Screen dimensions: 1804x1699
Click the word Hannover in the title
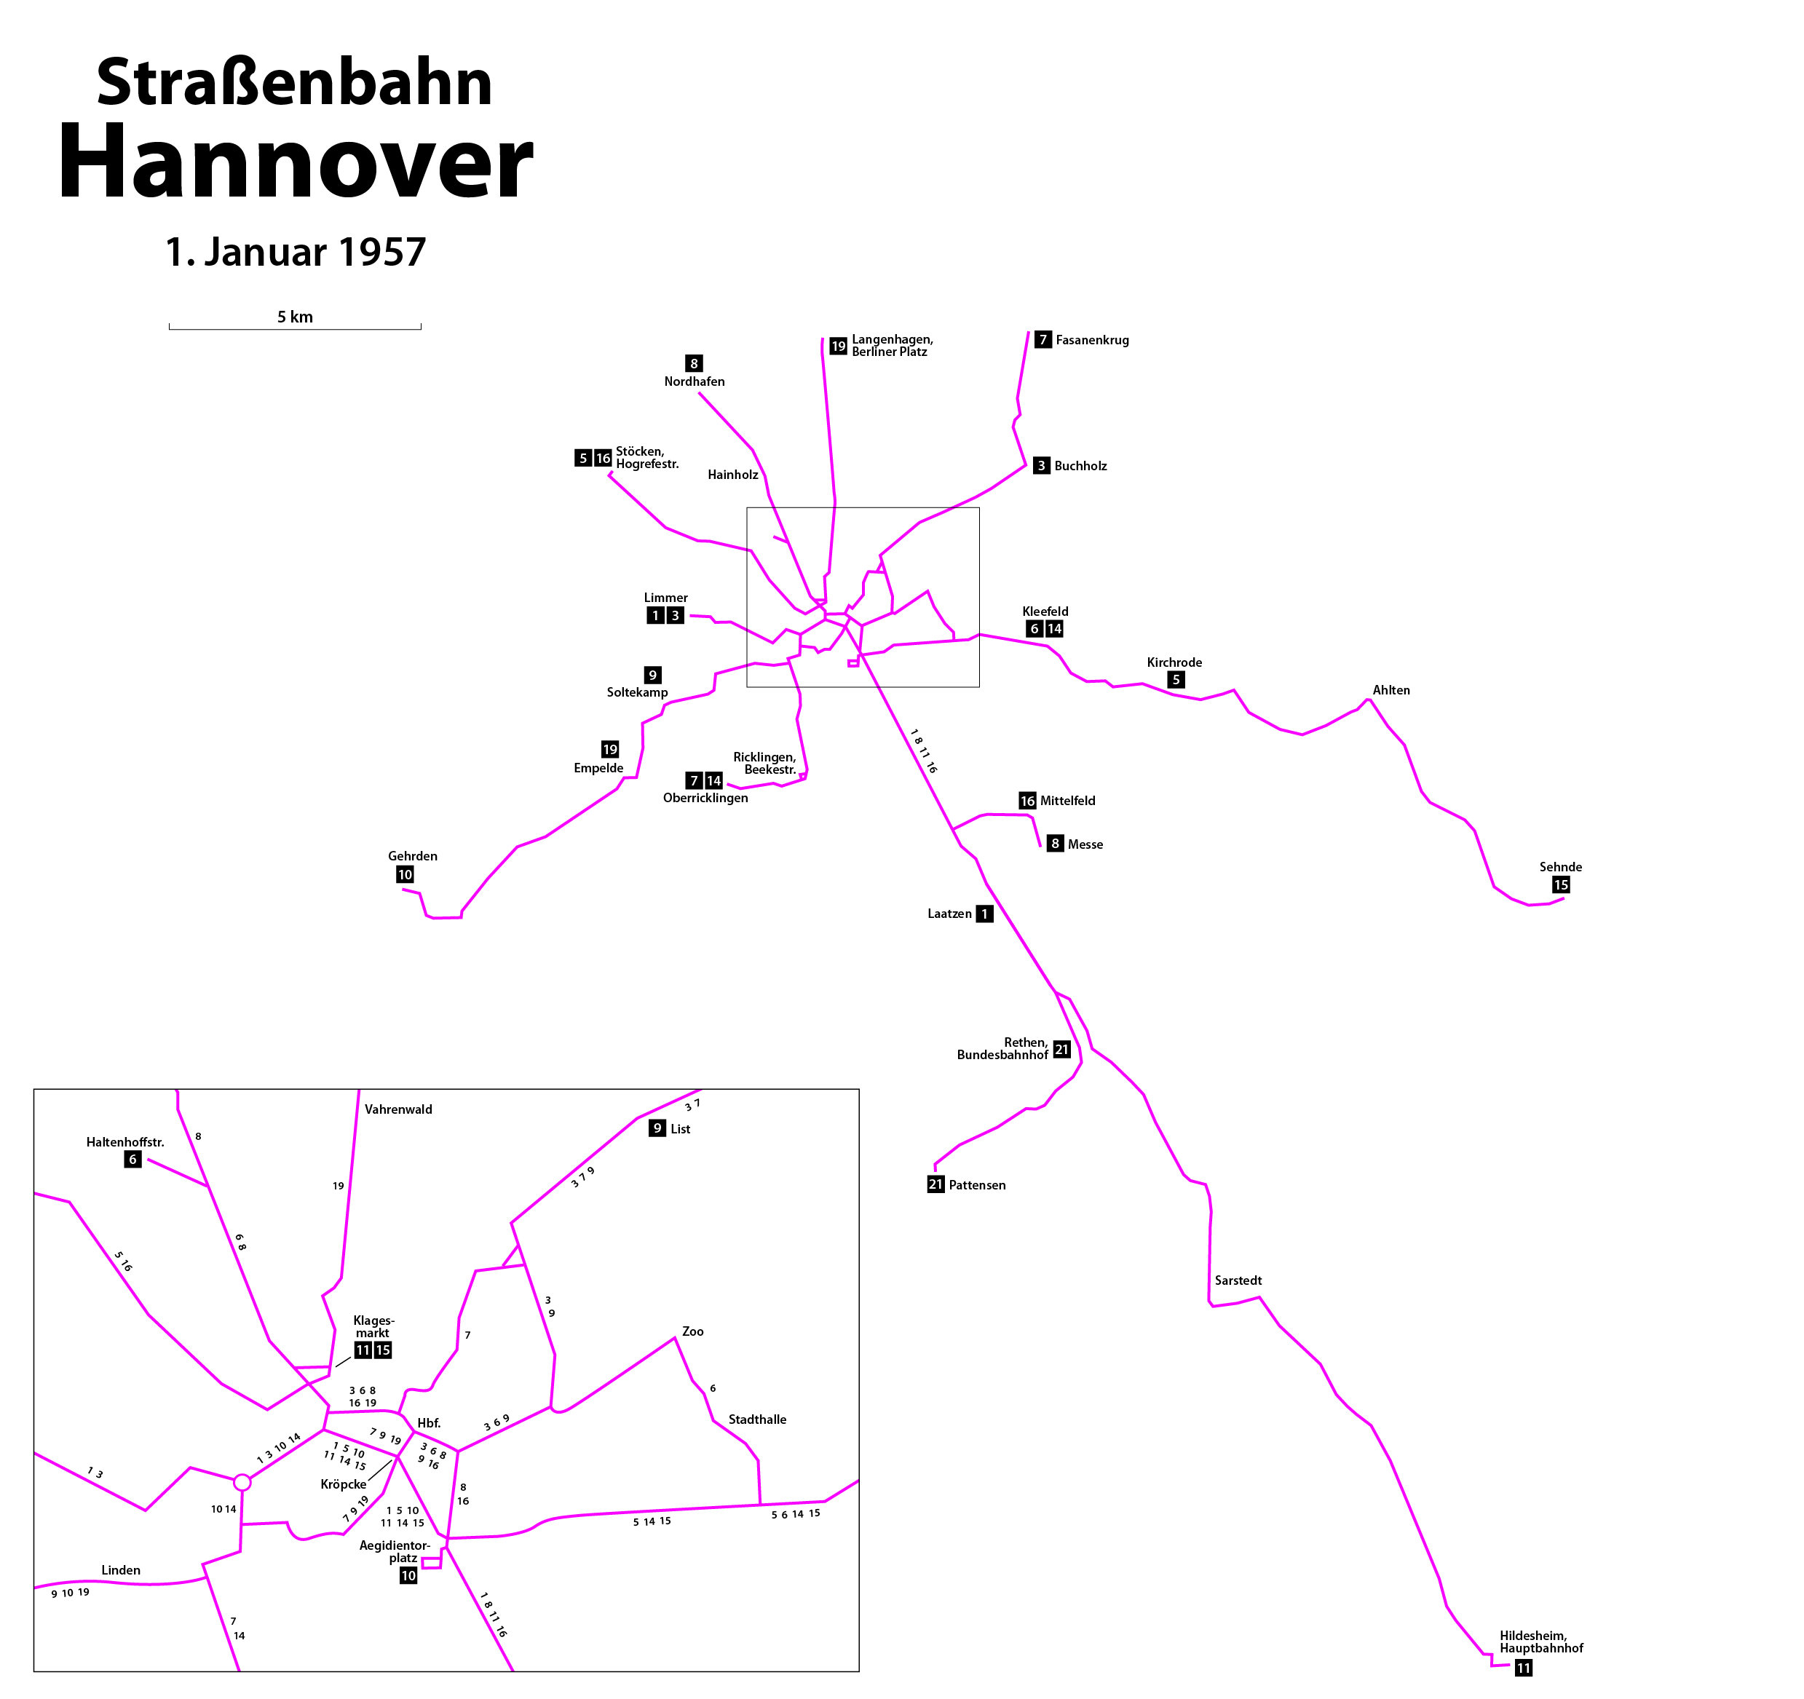tap(296, 162)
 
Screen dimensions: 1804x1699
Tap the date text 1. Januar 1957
tap(296, 253)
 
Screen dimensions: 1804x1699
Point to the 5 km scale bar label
tap(295, 317)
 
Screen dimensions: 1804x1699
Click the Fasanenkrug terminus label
tap(1093, 341)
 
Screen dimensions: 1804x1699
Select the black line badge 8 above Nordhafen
tap(695, 364)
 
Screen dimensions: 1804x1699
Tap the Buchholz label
tap(1081, 467)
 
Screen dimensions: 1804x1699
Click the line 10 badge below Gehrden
tap(405, 875)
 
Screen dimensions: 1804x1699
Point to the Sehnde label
tap(1561, 867)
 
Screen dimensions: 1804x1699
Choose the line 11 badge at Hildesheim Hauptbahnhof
tap(1524, 1668)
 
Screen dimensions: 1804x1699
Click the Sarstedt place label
tap(1238, 1280)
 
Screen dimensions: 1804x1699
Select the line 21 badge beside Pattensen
tap(935, 1184)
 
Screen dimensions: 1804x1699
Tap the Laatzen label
tap(949, 914)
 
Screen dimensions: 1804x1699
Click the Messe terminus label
tap(1085, 845)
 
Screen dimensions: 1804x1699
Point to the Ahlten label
tap(1391, 691)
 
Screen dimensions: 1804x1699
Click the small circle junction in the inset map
tap(242, 1482)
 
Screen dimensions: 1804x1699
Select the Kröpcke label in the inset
tap(344, 1484)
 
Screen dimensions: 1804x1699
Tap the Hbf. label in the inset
tap(430, 1423)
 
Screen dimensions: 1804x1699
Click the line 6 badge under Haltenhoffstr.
tap(132, 1159)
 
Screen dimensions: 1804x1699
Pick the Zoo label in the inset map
tap(693, 1331)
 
